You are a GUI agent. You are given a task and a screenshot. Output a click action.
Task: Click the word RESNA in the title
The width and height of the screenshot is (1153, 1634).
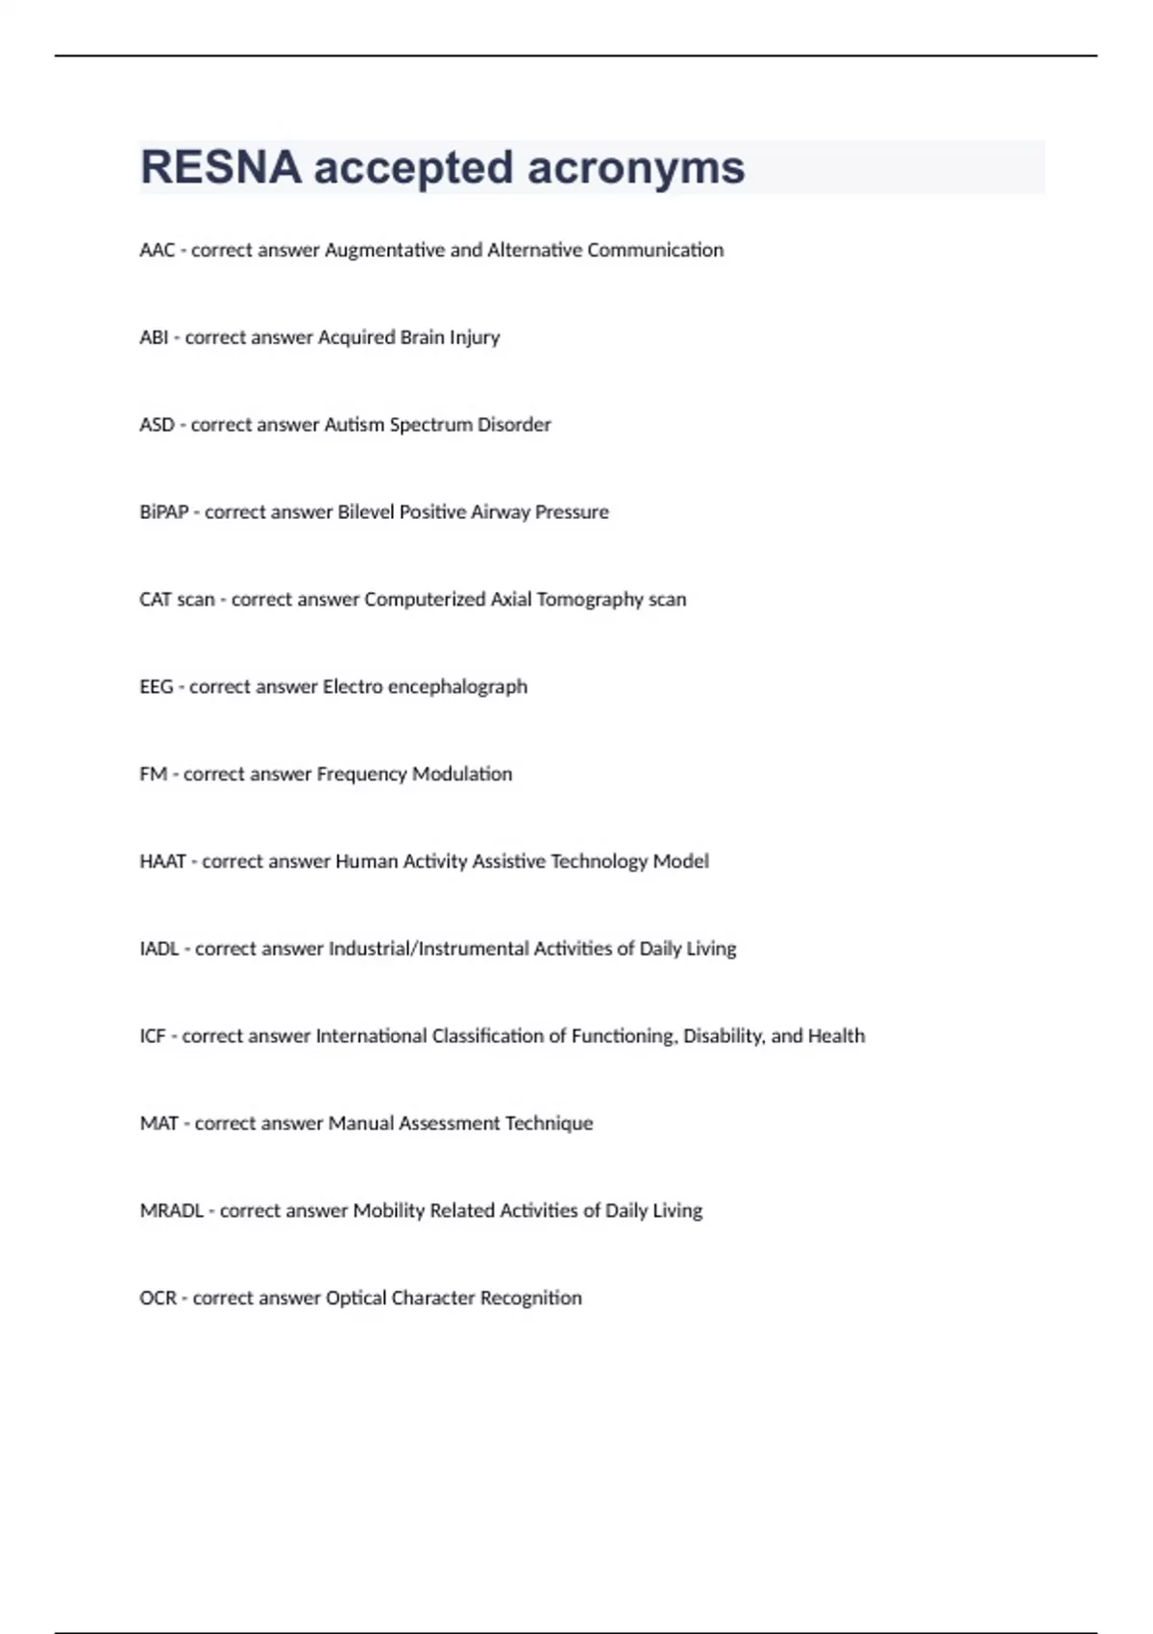coord(220,167)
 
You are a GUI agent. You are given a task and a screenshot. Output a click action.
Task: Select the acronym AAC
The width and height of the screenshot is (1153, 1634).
coord(157,250)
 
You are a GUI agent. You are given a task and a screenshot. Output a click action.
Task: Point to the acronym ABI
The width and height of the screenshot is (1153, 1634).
coord(154,337)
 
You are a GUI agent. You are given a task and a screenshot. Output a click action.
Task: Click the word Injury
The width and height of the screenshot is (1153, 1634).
coord(475,338)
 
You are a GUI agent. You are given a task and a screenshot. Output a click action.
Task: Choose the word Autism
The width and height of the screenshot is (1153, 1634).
coord(354,425)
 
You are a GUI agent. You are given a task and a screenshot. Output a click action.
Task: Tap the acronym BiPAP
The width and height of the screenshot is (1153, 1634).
coord(163,512)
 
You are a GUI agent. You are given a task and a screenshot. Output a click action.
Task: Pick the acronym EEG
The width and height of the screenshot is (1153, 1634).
coord(156,687)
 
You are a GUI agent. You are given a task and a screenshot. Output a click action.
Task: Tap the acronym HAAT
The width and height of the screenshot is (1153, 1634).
coord(162,862)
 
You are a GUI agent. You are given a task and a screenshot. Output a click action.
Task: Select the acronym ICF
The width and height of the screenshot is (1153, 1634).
coord(152,1036)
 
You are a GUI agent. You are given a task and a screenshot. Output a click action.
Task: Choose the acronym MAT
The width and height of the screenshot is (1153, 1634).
coord(159,1124)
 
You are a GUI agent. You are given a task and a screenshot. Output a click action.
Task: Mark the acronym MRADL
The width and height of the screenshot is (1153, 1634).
coord(171,1211)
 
